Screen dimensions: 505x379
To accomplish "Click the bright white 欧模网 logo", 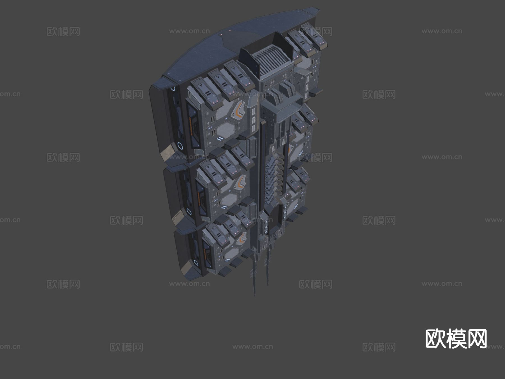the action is (x=456, y=339).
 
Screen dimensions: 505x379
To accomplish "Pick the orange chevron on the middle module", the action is (x=240, y=182).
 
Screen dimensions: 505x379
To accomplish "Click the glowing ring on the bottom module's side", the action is (x=196, y=263).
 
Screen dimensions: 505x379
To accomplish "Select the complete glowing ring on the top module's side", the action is (x=180, y=146).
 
